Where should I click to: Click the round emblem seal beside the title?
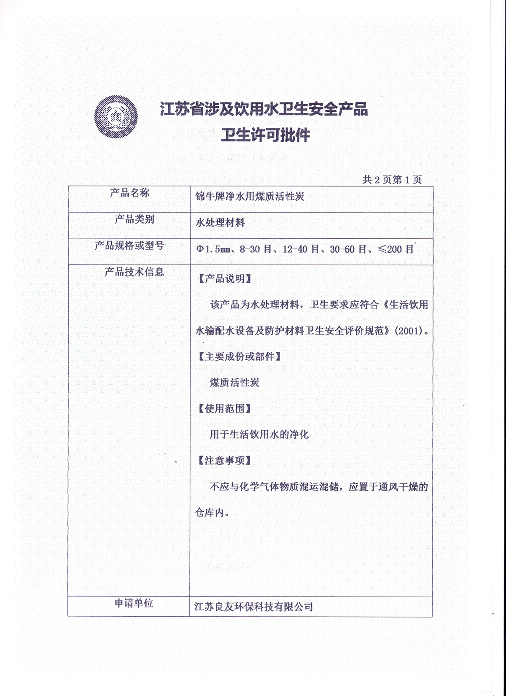[116, 117]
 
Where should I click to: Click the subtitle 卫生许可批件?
[266, 135]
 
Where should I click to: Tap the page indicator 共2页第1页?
[392, 180]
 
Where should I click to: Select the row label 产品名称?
[129, 193]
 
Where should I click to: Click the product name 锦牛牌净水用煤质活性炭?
[250, 196]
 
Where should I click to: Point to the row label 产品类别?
[135, 219]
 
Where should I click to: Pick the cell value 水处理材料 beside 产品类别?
[220, 223]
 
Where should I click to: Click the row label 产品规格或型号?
[129, 245]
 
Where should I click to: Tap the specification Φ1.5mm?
[213, 249]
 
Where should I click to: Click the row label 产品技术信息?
[134, 272]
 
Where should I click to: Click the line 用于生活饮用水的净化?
[259, 434]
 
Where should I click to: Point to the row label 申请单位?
[134, 604]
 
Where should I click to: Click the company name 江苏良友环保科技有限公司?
[253, 607]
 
